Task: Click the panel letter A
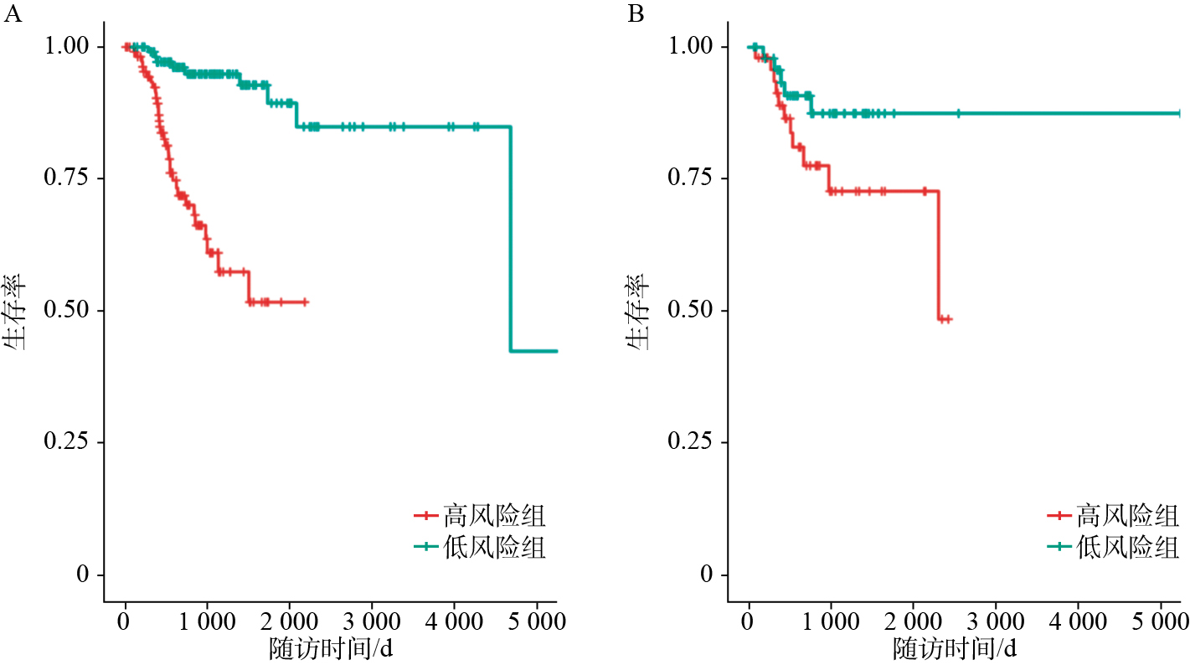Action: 12,15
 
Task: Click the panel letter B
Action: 636,15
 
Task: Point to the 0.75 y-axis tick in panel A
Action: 71,178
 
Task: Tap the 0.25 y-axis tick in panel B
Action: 695,442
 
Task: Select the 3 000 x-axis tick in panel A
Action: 372,623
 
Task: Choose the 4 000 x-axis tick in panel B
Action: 1077,623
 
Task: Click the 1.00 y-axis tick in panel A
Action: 71,47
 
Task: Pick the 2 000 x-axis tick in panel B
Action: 913,623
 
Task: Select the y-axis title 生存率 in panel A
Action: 18,312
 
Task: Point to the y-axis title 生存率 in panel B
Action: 641,312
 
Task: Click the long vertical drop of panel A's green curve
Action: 510,239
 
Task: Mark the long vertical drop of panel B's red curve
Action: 938,255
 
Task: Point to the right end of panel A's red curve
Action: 307,302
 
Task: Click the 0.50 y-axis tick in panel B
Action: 695,311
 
